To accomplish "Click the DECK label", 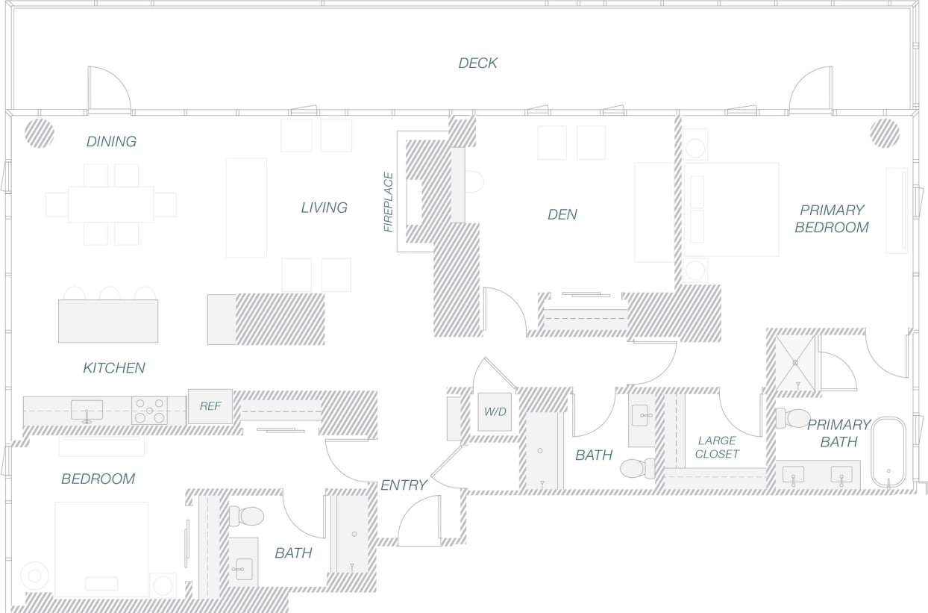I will pos(477,63).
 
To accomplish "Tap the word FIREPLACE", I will pos(388,202).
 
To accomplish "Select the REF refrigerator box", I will pos(210,407).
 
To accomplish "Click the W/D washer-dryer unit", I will pos(494,412).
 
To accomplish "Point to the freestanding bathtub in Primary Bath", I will pos(888,452).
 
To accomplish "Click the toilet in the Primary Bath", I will pos(794,418).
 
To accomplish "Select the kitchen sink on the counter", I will pos(87,410).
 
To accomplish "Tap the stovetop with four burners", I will pos(148,411).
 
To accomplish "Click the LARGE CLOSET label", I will pos(717,447).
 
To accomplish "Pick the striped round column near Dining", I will pos(39,133).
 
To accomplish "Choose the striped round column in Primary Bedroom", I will pos(884,132).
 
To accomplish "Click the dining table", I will pos(110,205).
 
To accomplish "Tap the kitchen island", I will pos(108,321).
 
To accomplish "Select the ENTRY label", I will pos(404,485).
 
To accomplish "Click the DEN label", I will pos(562,215).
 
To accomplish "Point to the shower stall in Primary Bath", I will pos(795,362).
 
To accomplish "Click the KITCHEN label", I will pos(113,368).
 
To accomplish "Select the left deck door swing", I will pos(108,89).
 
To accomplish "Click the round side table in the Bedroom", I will pos(34,575).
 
